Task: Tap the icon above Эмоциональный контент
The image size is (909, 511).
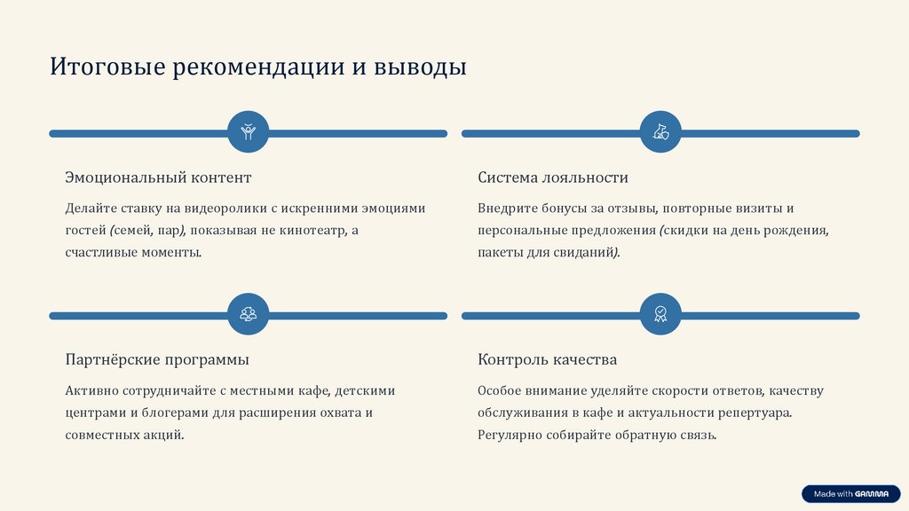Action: (248, 133)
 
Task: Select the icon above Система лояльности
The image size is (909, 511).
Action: (660, 133)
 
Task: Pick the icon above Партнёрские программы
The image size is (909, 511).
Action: (248, 315)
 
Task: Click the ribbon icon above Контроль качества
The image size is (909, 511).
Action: (660, 315)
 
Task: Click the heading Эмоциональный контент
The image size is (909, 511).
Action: (158, 177)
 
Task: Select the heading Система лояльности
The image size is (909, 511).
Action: (553, 177)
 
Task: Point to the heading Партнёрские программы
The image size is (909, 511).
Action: (157, 359)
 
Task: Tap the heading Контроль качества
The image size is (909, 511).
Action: (547, 359)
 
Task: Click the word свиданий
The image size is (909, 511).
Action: (587, 253)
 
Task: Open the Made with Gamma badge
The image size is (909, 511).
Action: (850, 494)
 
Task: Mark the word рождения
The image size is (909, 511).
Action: (797, 231)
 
